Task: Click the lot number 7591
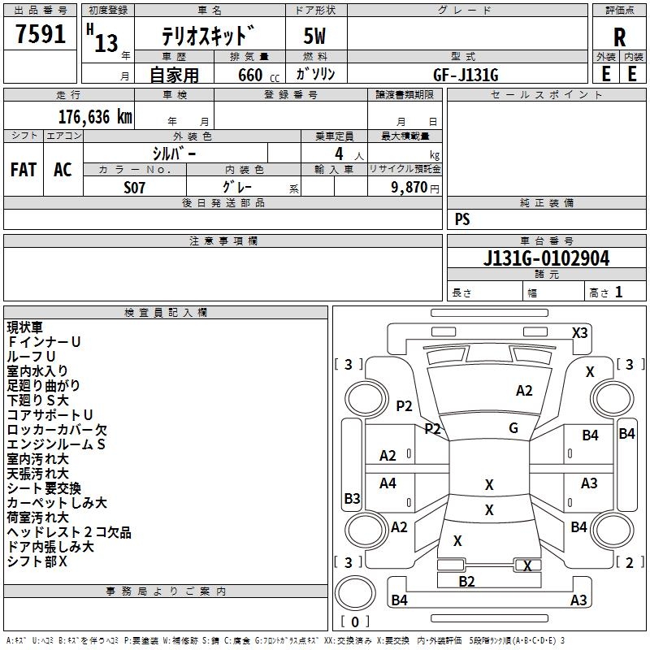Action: click(41, 34)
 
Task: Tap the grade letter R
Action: click(619, 37)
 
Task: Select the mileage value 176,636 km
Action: click(95, 117)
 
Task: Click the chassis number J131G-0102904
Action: click(546, 258)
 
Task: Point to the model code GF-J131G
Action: click(466, 75)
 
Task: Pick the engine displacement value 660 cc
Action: click(258, 76)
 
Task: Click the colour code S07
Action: click(134, 188)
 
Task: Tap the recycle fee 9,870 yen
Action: click(414, 188)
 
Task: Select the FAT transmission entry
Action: click(24, 170)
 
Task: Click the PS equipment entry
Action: click(462, 219)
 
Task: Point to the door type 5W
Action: click(314, 36)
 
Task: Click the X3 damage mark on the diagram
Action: click(579, 333)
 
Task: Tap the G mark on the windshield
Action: click(513, 428)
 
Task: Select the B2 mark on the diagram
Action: click(466, 581)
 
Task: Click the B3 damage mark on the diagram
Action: click(352, 498)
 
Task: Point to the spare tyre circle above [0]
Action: click(355, 593)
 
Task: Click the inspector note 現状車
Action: click(25, 327)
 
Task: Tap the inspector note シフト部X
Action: click(37, 561)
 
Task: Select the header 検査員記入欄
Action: click(166, 313)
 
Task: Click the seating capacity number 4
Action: click(339, 154)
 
